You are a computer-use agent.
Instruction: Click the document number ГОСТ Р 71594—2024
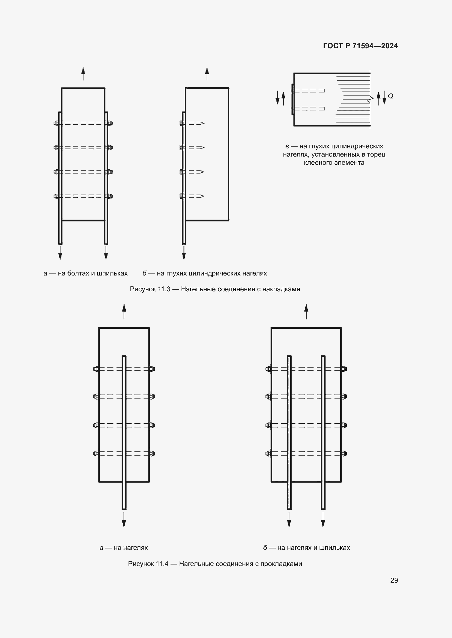pyautogui.click(x=360, y=46)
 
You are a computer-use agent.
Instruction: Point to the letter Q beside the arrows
pyautogui.click(x=390, y=96)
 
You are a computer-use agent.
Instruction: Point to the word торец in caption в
pyautogui.click(x=377, y=154)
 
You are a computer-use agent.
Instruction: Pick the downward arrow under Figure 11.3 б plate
pyautogui.click(x=184, y=253)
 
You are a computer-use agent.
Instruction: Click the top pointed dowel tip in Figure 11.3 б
pyautogui.click(x=201, y=123)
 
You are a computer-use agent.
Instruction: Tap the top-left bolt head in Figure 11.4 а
pyautogui.click(x=96, y=369)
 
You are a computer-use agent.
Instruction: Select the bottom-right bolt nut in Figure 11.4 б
pyautogui.click(x=344, y=454)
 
